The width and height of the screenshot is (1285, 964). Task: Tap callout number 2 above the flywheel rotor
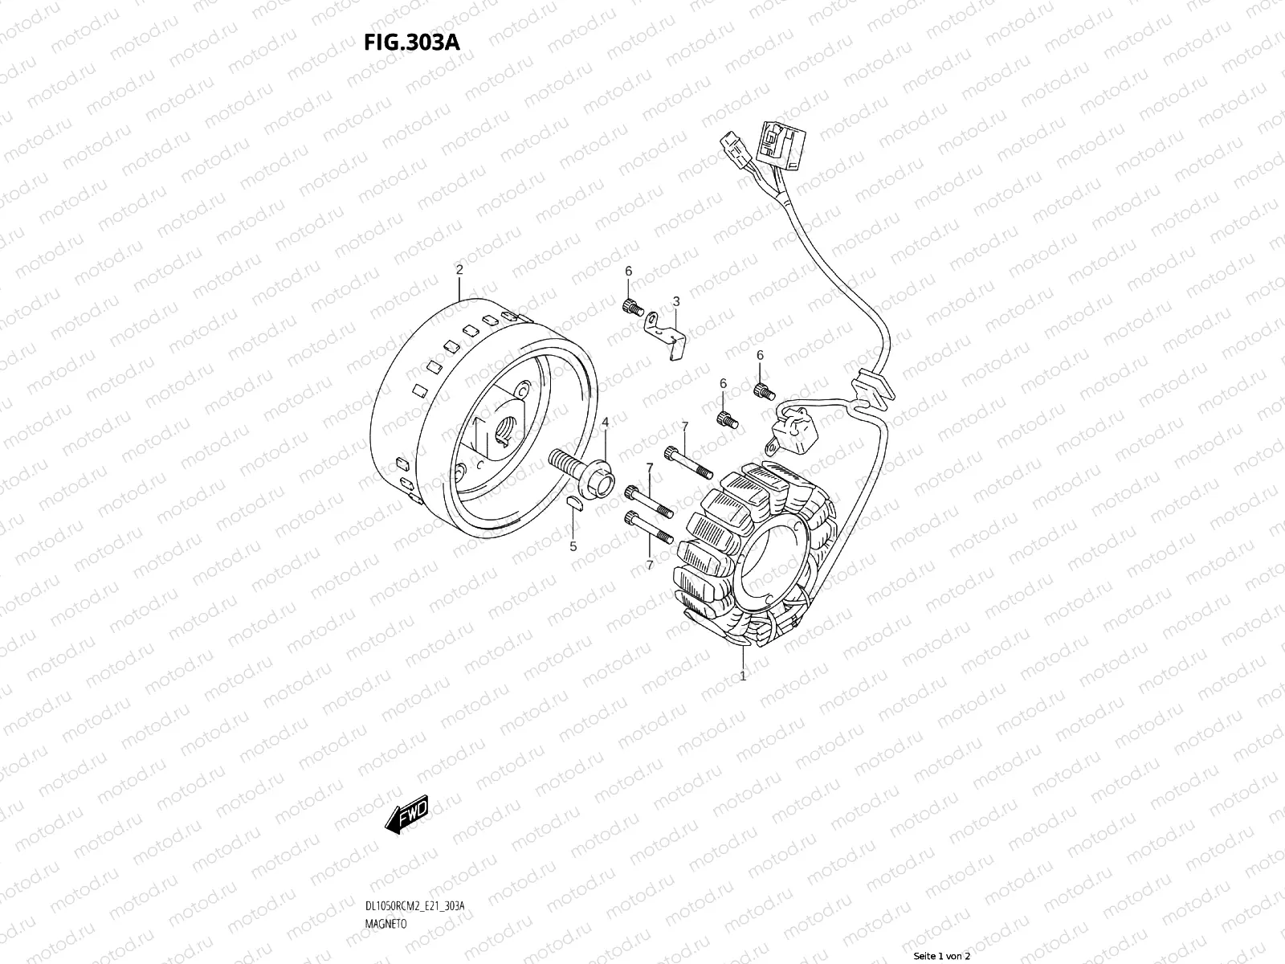tap(459, 270)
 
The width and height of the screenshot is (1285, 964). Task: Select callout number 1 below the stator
tap(743, 676)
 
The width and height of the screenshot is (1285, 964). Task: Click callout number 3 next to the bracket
tap(676, 301)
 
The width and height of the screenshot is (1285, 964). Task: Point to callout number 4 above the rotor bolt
tap(606, 422)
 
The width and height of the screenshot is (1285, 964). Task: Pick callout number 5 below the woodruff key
tap(573, 547)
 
